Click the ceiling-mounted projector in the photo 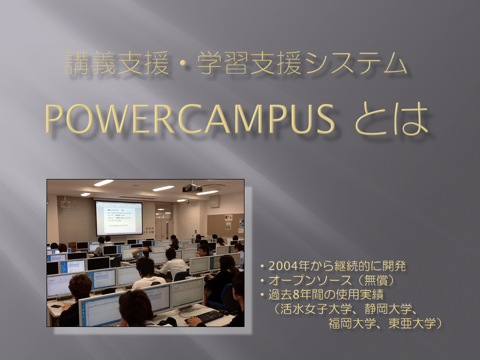(x=192, y=188)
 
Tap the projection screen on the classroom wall (x=118, y=217)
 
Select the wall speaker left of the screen (x=65, y=204)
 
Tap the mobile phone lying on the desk (x=56, y=306)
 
